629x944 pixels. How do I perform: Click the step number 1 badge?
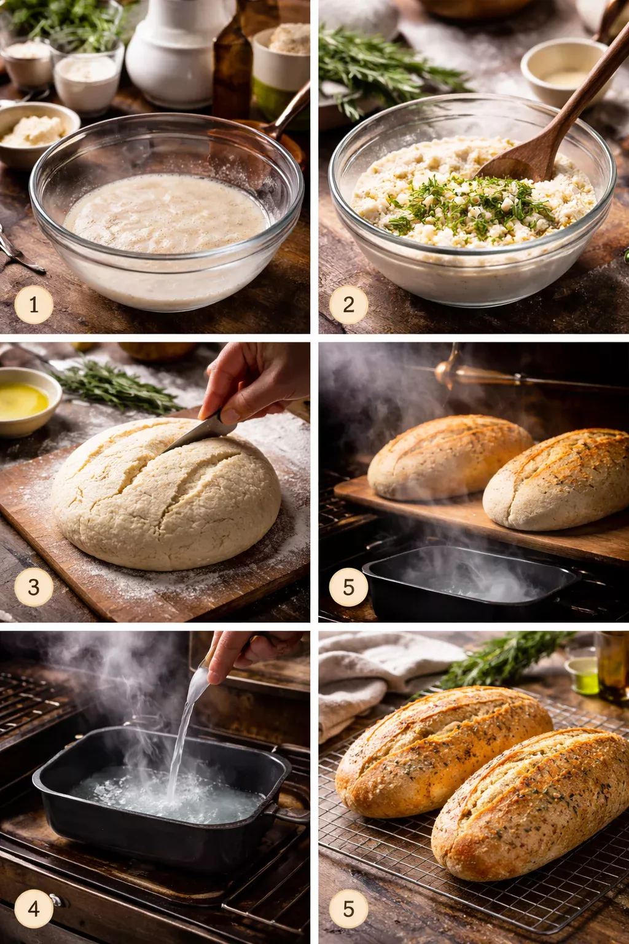[34, 304]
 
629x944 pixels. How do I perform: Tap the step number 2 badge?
[348, 304]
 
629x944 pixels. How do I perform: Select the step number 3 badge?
[34, 587]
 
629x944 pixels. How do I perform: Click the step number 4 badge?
[34, 908]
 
